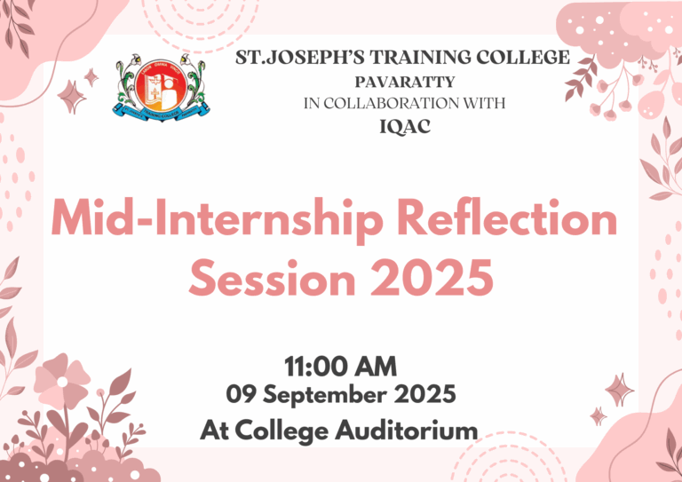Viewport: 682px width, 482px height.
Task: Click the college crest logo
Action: pos(162,88)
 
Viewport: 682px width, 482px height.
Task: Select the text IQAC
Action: pos(404,126)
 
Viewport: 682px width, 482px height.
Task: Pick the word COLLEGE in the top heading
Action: pos(527,59)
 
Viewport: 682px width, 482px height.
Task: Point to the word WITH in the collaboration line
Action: pos(486,103)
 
